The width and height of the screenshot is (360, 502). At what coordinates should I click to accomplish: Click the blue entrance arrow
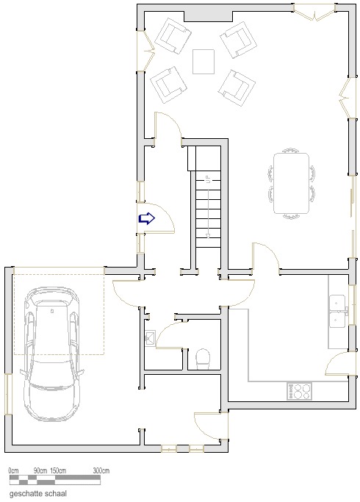click(x=146, y=218)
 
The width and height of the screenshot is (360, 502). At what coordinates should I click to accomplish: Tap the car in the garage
click(x=52, y=354)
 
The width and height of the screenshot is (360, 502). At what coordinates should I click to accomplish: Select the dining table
click(x=291, y=184)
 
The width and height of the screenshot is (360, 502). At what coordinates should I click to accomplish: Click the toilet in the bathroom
click(x=203, y=359)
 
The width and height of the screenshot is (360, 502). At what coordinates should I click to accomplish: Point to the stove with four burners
click(x=299, y=391)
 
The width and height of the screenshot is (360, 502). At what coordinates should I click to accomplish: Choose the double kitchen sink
click(x=338, y=311)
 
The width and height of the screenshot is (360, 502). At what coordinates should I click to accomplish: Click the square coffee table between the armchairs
click(x=204, y=62)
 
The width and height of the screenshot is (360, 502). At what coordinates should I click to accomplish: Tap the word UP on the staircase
click(x=208, y=179)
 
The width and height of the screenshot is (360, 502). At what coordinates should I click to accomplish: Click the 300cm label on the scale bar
click(x=101, y=470)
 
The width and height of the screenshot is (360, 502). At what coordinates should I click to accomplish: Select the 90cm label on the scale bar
click(x=40, y=470)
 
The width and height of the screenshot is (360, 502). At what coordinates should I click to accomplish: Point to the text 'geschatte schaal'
click(x=38, y=493)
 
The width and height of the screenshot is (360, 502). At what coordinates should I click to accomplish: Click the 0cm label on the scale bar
click(x=13, y=470)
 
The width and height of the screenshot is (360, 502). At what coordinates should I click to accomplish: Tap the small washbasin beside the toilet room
click(x=150, y=338)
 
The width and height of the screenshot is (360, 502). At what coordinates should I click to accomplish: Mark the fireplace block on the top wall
click(x=209, y=15)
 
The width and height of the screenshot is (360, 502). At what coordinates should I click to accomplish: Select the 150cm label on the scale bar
click(x=58, y=470)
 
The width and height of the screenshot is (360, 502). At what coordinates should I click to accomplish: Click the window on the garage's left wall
click(x=8, y=394)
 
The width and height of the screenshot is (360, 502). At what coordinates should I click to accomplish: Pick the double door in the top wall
click(x=314, y=12)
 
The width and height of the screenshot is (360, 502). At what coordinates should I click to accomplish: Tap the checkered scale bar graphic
click(x=54, y=480)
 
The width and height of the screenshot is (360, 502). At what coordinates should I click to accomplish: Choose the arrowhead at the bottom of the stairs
click(x=208, y=236)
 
